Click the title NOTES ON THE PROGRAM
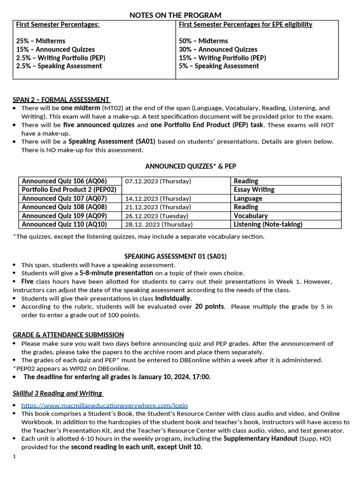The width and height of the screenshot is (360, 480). click(175, 15)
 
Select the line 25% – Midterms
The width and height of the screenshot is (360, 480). click(41, 41)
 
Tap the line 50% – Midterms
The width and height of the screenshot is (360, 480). click(203, 41)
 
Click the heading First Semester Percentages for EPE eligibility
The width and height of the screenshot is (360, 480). click(246, 24)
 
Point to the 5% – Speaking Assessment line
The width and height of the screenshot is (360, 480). click(219, 66)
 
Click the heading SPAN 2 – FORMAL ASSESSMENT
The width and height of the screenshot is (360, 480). click(61, 100)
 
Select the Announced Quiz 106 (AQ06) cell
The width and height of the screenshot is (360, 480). click(64, 181)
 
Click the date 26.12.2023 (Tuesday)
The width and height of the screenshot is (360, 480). click(157, 216)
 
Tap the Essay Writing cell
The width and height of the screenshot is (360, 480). click(254, 190)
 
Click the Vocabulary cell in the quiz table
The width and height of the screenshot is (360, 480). click(251, 216)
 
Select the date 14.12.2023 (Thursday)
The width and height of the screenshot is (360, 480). click(158, 199)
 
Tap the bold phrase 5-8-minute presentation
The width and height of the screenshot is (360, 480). click(116, 273)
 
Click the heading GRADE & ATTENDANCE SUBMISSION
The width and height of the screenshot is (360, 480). click(68, 335)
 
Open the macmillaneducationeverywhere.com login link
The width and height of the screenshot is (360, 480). click(105, 405)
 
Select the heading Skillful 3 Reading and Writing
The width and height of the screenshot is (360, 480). click(57, 393)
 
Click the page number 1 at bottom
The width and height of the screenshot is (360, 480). click(15, 456)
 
